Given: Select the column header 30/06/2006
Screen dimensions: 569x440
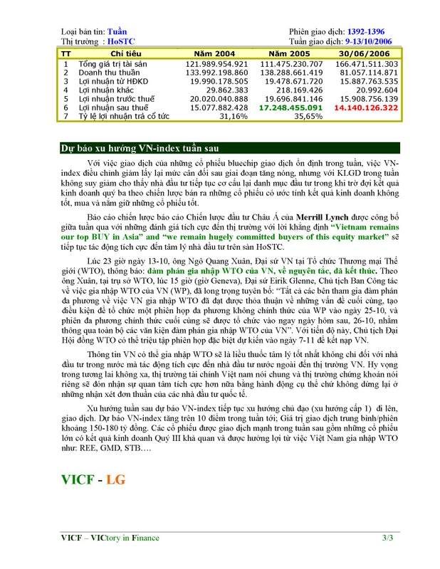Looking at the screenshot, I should [x=365, y=53].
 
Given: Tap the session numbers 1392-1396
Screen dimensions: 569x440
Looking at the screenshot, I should [x=367, y=32].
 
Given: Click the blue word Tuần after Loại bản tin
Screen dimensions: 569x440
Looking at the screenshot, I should [x=117, y=32].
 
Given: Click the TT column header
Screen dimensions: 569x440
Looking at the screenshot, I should [x=66, y=53].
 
